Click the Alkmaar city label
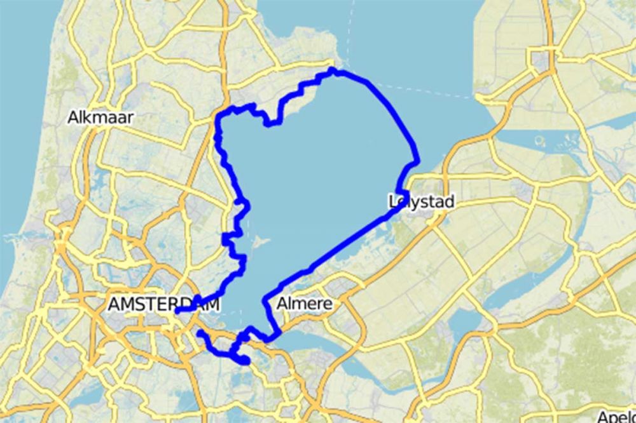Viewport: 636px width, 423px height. [x=95, y=117]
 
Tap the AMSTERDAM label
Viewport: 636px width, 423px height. [x=163, y=305]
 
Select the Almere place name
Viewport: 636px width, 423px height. [x=304, y=304]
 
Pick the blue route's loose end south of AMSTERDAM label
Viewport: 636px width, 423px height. [x=200, y=333]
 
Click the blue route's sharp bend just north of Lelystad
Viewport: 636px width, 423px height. [x=417, y=163]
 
